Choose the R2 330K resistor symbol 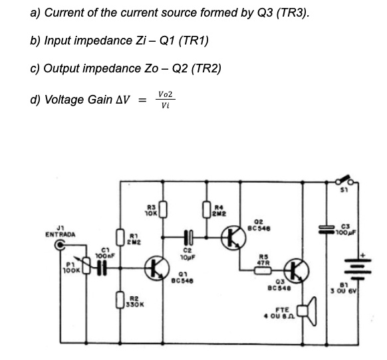[121, 303]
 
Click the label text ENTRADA [61, 234]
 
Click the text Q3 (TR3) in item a [282, 12]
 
